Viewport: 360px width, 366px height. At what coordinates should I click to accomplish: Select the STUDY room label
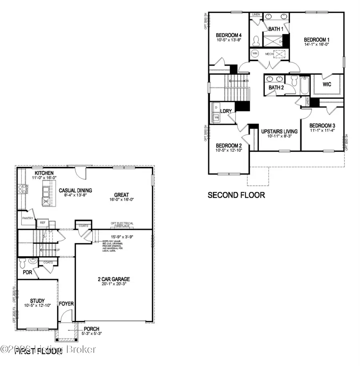pos(37,301)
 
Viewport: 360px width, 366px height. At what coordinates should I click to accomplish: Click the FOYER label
pos(66,304)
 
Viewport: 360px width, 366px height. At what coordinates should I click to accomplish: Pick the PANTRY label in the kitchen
pos(27,219)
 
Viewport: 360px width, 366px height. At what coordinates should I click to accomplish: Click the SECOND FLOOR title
pos(236,195)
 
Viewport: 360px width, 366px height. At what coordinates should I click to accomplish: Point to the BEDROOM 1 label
pos(316,40)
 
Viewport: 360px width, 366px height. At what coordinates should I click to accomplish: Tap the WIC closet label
pos(327,85)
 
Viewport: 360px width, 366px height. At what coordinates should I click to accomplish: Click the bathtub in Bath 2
pos(304,85)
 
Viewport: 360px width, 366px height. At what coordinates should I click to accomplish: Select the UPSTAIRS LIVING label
pos(279,131)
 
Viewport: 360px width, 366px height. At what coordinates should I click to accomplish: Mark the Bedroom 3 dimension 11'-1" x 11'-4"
pos(322,130)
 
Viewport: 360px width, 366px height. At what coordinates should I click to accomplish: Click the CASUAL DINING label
pos(75,190)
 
